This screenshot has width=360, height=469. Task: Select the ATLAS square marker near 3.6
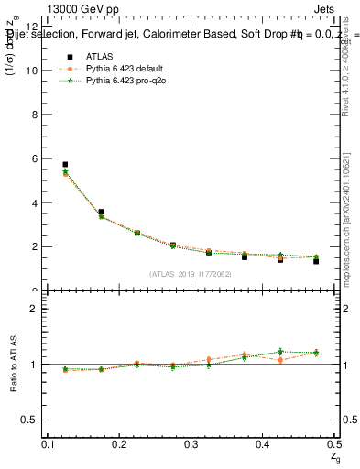click(x=101, y=212)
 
